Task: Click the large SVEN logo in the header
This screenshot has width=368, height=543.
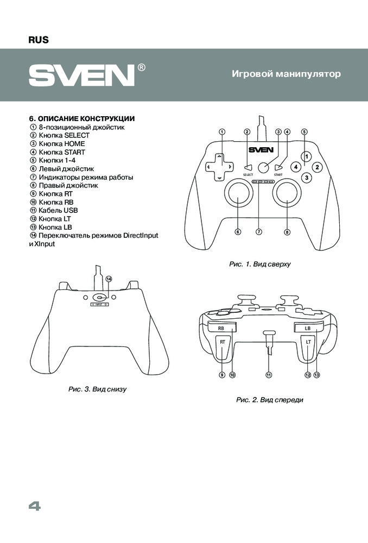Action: point(81,75)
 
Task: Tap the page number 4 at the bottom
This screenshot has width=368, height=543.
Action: point(34,506)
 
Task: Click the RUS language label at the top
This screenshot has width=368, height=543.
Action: point(38,40)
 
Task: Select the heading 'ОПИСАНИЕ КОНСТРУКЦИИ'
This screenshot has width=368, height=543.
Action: point(81,118)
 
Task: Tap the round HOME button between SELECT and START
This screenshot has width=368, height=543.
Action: point(264,167)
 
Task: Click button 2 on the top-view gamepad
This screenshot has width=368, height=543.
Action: point(318,167)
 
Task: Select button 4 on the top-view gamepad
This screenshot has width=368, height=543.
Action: point(295,167)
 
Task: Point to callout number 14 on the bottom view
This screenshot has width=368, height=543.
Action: point(109,279)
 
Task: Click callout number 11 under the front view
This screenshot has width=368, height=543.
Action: point(268,375)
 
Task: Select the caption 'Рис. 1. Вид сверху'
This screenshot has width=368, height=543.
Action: point(261,264)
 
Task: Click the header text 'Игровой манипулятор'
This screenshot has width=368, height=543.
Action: point(287,74)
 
